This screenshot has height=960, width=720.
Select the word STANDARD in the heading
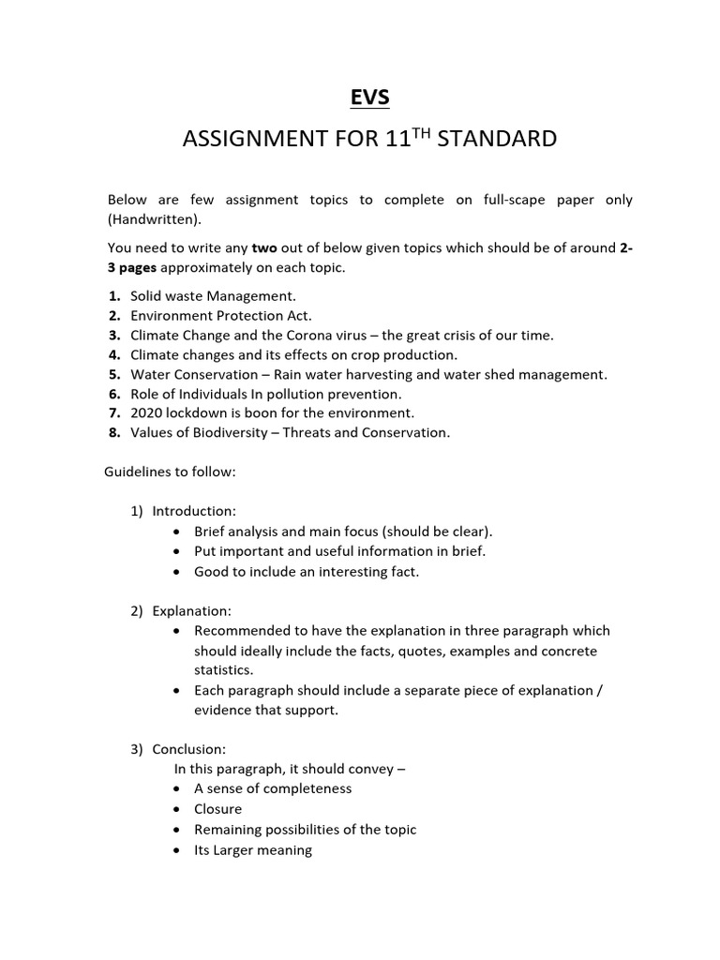click(x=497, y=140)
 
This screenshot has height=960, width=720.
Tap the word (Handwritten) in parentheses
click(x=154, y=219)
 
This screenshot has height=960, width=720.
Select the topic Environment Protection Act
click(x=221, y=316)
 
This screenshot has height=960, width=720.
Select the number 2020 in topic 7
click(x=147, y=413)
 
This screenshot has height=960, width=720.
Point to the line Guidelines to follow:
click(x=170, y=472)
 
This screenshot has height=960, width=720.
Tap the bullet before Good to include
click(x=177, y=572)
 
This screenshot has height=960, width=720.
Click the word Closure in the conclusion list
click(x=217, y=809)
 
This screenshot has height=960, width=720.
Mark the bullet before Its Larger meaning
click(x=177, y=851)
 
